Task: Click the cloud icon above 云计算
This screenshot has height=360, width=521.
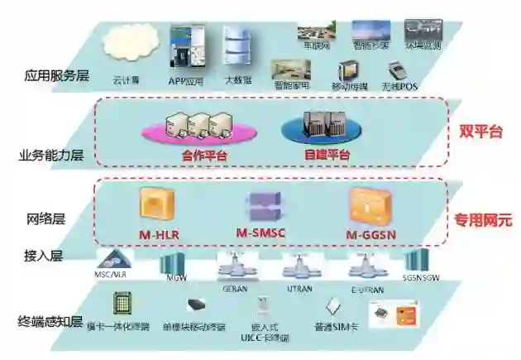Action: coord(124,47)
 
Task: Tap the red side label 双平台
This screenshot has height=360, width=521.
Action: coord(481,132)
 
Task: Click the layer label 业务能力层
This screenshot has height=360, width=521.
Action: coord(51,155)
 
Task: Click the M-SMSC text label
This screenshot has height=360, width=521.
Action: coord(260,233)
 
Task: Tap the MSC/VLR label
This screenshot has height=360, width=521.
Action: coord(113,272)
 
